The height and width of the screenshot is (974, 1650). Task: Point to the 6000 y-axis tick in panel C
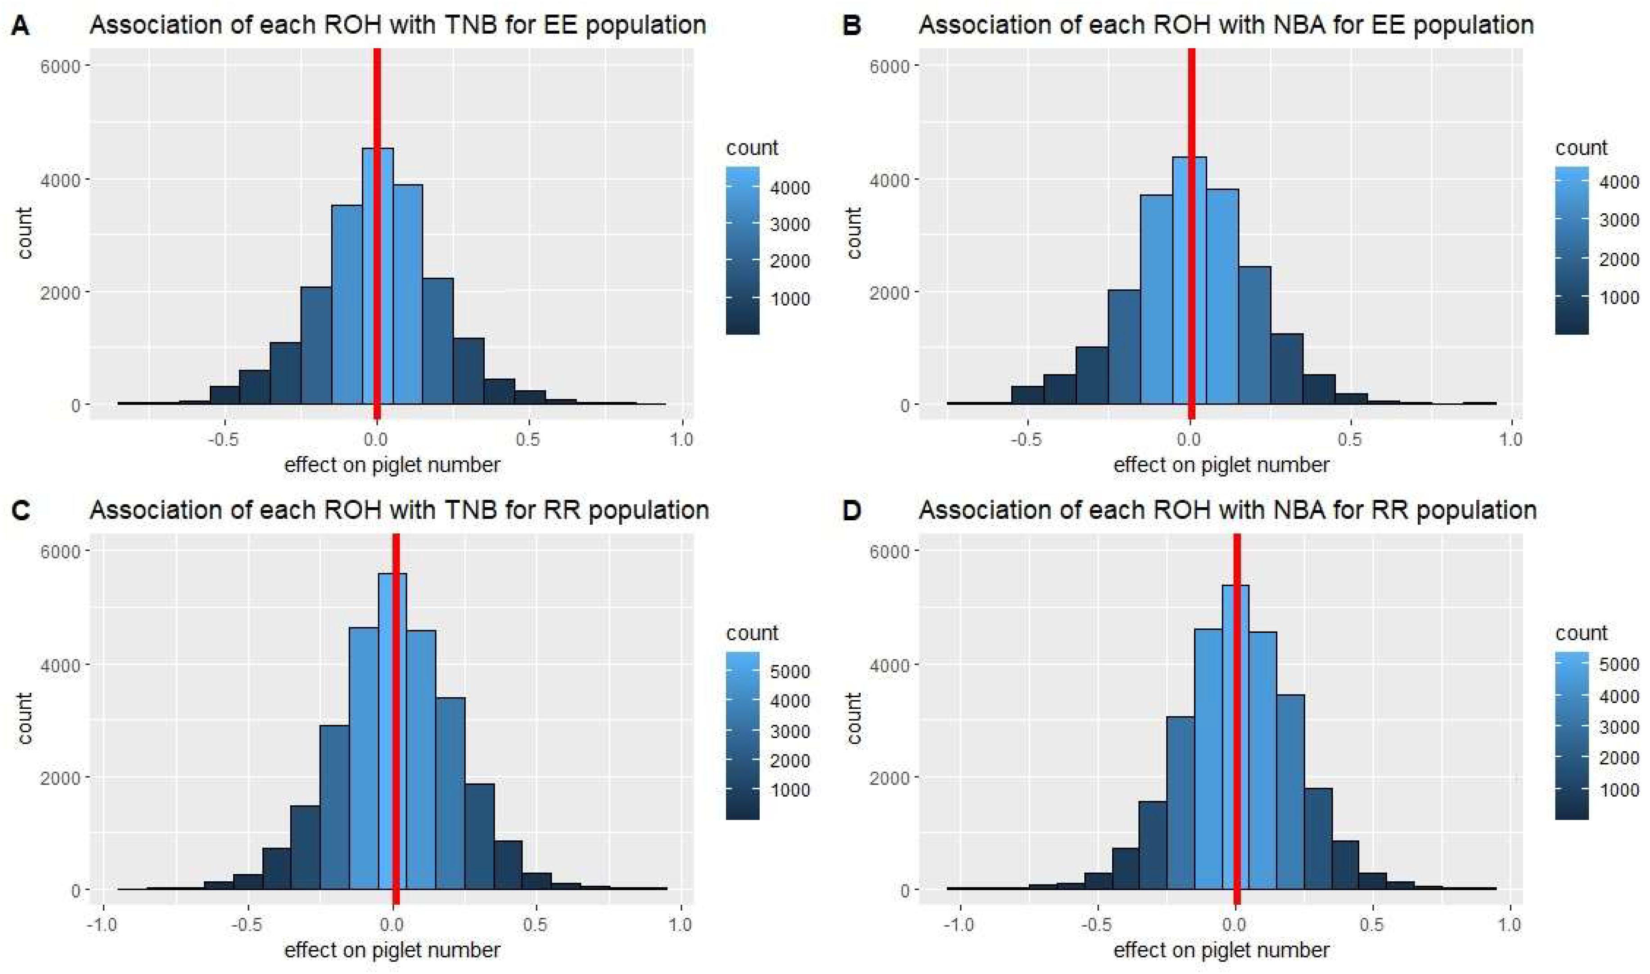click(60, 551)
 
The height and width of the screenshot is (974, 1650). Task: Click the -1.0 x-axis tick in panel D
click(959, 925)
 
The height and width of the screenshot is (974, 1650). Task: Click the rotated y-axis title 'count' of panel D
click(853, 718)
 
